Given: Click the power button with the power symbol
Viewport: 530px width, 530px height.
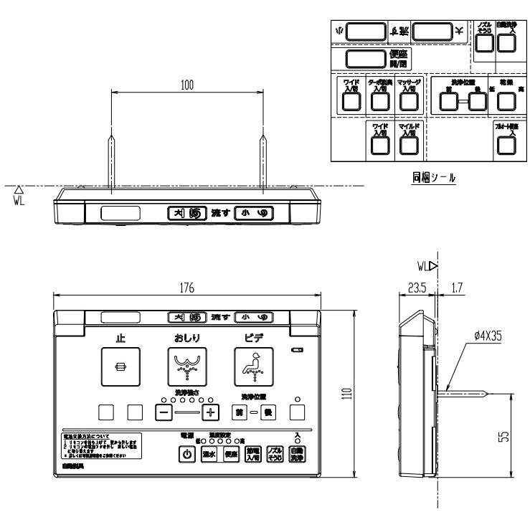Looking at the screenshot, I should pos(187,455).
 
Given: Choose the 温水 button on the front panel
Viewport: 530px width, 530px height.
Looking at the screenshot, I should pos(209,455).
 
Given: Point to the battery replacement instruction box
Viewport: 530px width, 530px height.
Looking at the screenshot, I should pos(103,448).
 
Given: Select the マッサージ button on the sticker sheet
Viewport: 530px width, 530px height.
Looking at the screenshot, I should pos(408,101).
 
